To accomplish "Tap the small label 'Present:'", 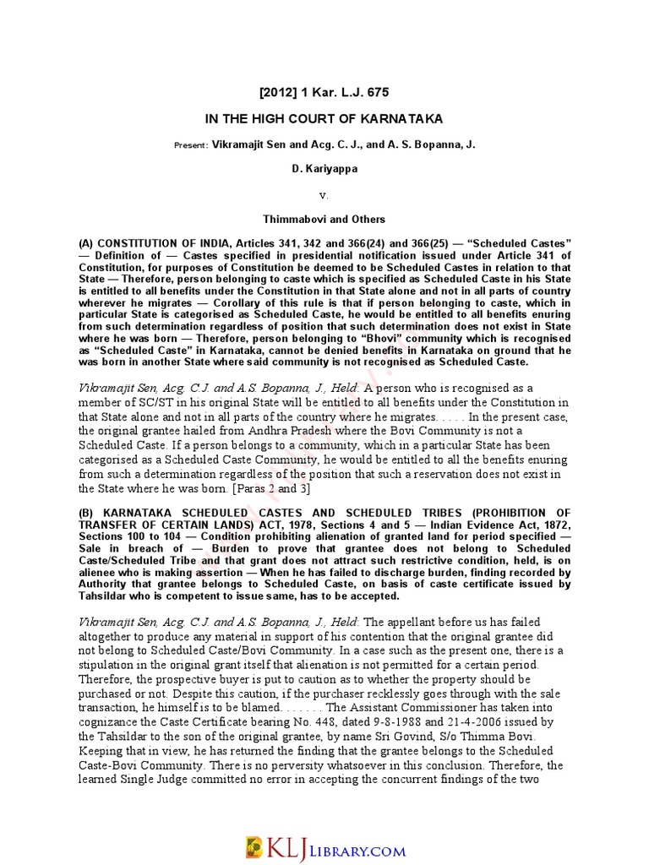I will coord(190,145).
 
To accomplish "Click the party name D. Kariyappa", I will coord(324,170).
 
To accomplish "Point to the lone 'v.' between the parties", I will coord(324,194).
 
